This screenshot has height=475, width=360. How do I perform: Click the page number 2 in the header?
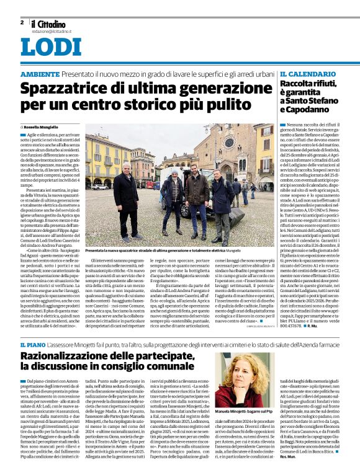coord(22,22)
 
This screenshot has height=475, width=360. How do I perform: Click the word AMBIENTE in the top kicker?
coord(40,74)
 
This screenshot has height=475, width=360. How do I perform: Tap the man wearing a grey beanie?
coord(172,192)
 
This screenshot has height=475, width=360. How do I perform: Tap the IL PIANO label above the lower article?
coord(30,344)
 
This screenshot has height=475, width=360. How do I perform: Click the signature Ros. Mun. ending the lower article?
coord(289,464)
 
